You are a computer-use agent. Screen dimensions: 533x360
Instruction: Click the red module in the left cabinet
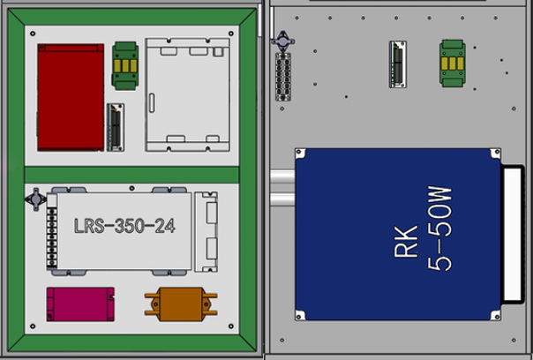pos(71,97)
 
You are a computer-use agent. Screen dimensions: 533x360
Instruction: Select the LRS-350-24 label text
pos(124,226)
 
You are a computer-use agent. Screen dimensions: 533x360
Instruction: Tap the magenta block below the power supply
pos(80,304)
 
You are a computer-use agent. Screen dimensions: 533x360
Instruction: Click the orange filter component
pos(181,304)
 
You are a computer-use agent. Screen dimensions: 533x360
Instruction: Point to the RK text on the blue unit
pos(406,241)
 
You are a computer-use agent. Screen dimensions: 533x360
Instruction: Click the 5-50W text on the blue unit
pos(439,229)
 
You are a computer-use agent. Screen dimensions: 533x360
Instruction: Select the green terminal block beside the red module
pos(125,65)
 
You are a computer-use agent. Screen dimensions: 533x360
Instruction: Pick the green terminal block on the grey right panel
pos(453,64)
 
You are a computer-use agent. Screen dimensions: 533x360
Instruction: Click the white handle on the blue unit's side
pos(513,234)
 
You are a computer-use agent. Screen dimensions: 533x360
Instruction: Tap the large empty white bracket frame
pos(188,94)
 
